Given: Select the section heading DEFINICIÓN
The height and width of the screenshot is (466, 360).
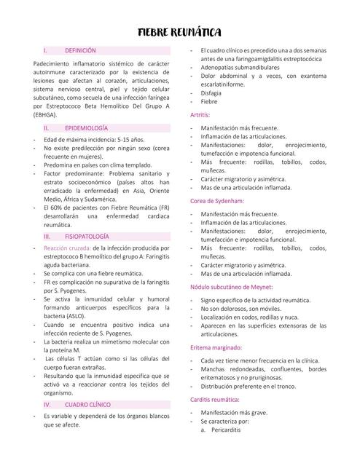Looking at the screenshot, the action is point(80,51).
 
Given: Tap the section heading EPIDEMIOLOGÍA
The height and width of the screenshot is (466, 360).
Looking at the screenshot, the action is point(86,127).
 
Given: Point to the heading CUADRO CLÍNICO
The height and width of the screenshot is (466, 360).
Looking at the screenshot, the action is point(87,403).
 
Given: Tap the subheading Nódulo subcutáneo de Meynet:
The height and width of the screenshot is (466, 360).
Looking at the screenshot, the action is point(230,287).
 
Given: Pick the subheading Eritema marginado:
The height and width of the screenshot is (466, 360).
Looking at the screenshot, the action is point(216,347).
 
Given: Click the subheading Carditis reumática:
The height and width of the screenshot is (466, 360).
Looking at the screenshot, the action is point(215,399).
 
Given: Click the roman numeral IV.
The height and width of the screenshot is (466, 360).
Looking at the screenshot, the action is point(47,403).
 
